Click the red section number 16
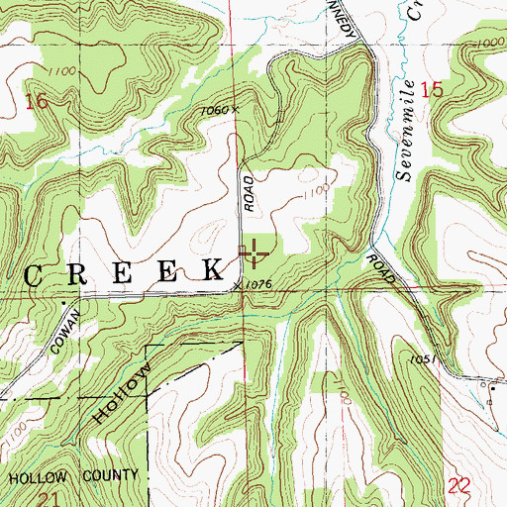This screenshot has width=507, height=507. tap(37, 101)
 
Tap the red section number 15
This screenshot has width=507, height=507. tap(431, 90)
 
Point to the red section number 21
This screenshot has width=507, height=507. tap(35, 498)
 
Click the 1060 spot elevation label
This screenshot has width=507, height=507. tap(220, 111)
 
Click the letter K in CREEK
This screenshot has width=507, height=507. tap(212, 269)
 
